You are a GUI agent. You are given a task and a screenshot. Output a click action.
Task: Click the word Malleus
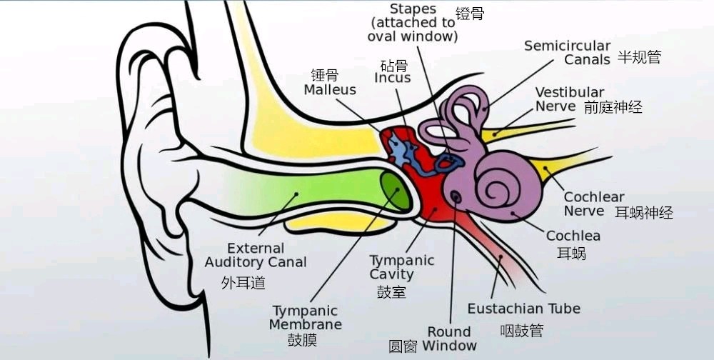pyautogui.click(x=330, y=90)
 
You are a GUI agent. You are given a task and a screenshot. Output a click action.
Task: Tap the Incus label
pyautogui.click(x=393, y=78)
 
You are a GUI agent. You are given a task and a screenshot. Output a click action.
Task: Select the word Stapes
pyautogui.click(x=413, y=9)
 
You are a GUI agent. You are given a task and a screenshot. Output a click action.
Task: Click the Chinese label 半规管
pyautogui.click(x=639, y=57)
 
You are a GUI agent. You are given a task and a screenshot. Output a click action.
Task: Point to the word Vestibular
pyautogui.click(x=570, y=93)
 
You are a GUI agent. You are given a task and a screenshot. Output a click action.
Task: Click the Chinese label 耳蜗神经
pyautogui.click(x=644, y=212)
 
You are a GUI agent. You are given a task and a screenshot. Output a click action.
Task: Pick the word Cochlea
pyautogui.click(x=573, y=236)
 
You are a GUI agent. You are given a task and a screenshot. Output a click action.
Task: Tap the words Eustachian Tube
pyautogui.click(x=523, y=309)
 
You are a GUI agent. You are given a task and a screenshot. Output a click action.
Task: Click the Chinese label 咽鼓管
pyautogui.click(x=522, y=330)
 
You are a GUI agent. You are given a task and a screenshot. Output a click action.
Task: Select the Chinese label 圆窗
pyautogui.click(x=403, y=346)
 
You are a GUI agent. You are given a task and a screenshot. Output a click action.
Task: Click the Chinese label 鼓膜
pyautogui.click(x=302, y=340)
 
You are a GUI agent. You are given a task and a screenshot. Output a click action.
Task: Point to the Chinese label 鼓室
pyautogui.click(x=391, y=291)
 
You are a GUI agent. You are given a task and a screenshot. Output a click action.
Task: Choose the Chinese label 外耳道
pyautogui.click(x=243, y=283)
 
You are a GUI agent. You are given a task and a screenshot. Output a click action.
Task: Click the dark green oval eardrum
pyautogui.click(x=395, y=191)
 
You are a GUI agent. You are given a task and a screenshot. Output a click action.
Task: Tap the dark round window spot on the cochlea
pyautogui.click(x=456, y=197)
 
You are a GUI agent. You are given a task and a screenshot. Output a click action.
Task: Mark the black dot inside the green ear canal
pyautogui.click(x=296, y=194)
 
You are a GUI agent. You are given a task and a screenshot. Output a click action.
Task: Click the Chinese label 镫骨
pyautogui.click(x=470, y=14)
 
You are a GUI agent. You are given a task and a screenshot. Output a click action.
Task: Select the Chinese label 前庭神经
pyautogui.click(x=613, y=107)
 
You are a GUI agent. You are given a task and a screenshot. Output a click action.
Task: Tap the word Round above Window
pyautogui.click(x=448, y=331)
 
